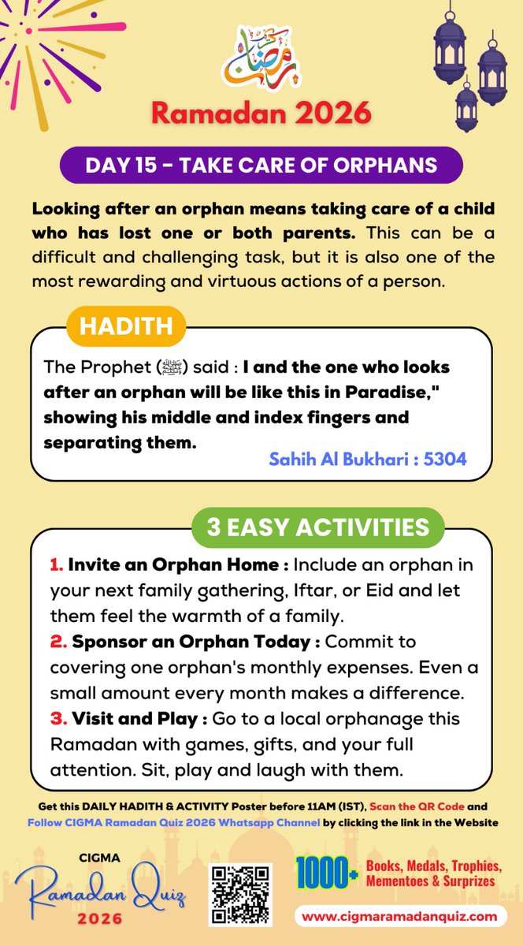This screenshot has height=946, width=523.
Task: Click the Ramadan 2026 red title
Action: click(x=261, y=112)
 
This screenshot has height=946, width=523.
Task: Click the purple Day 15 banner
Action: click(x=261, y=165)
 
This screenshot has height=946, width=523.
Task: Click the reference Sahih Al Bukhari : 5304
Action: click(x=368, y=458)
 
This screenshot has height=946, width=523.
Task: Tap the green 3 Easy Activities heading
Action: click(x=317, y=527)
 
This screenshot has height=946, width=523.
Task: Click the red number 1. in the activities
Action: click(x=56, y=565)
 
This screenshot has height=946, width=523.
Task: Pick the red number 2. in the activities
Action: click(x=57, y=642)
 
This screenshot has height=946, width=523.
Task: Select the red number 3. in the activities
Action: click(x=57, y=719)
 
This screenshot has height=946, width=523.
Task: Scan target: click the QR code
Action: click(x=239, y=895)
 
